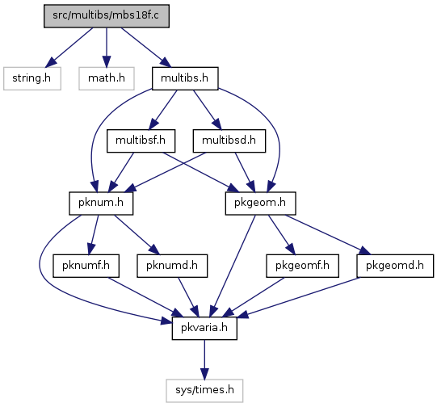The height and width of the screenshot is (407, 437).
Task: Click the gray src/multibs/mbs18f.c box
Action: click(107, 16)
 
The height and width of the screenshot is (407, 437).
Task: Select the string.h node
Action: click(32, 78)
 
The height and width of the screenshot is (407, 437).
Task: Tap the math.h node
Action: click(107, 78)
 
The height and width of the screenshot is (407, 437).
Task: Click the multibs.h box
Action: click(185, 78)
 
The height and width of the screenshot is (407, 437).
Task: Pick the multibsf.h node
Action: click(141, 141)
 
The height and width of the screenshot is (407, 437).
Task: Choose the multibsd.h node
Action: click(229, 141)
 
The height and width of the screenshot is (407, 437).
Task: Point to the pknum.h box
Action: click(101, 203)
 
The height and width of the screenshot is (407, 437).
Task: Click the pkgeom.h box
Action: click(260, 203)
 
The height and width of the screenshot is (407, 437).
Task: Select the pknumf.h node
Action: click(86, 266)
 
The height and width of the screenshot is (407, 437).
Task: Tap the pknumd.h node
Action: click(172, 266)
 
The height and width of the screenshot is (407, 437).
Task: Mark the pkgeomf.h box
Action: click(302, 266)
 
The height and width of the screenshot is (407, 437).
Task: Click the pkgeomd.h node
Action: click(395, 266)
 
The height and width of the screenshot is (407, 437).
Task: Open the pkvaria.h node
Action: click(204, 328)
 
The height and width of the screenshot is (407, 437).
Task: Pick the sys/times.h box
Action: click(204, 390)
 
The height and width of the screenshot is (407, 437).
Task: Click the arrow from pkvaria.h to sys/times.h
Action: click(204, 359)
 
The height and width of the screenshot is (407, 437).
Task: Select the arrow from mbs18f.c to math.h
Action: click(107, 48)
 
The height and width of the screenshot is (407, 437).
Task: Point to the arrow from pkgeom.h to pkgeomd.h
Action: click(328, 234)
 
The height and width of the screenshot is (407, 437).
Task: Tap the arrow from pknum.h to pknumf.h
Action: click(94, 234)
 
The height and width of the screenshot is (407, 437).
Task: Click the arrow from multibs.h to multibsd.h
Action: click(207, 110)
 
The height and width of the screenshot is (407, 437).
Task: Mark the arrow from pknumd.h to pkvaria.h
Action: click(188, 297)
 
